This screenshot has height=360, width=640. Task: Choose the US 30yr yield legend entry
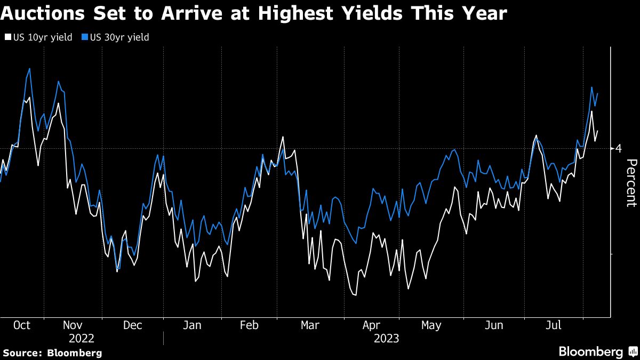116,37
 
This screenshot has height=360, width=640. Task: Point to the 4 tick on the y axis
619,148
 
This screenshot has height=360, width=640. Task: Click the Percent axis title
631,183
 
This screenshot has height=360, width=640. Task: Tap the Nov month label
73,325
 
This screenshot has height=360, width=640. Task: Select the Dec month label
132,325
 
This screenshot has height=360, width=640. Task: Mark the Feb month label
249,325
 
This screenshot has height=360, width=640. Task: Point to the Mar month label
310,325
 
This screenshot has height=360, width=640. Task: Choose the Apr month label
371,325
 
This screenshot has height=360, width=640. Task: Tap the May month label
431,325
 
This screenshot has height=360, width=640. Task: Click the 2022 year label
82,338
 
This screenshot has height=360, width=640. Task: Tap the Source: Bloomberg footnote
52,353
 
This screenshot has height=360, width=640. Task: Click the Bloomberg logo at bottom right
597,352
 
